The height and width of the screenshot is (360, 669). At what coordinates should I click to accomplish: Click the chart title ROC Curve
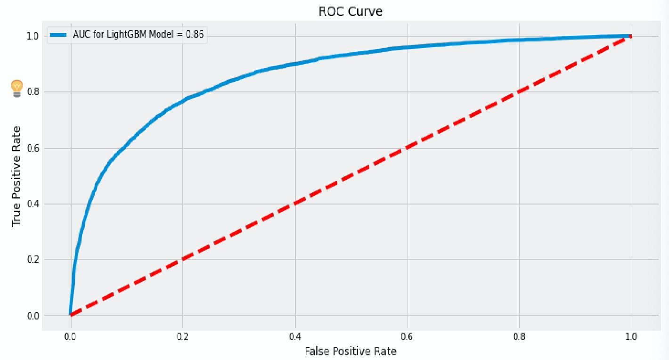[x=351, y=11]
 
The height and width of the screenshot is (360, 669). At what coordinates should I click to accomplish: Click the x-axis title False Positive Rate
[x=351, y=351]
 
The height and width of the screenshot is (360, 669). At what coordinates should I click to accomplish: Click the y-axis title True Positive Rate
[x=16, y=176]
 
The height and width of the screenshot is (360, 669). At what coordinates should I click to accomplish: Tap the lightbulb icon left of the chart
[x=17, y=88]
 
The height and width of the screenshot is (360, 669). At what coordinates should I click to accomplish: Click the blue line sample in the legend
[x=59, y=35]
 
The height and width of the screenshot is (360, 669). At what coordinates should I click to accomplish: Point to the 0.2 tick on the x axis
[x=183, y=336]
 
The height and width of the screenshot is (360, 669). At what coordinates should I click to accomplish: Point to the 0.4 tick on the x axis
[x=295, y=336]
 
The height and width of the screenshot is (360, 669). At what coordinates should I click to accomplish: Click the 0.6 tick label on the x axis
[x=407, y=336]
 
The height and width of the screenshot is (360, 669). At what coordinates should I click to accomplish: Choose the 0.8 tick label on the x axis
[x=519, y=336]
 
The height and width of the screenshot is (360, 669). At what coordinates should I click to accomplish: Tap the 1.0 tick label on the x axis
[x=631, y=336]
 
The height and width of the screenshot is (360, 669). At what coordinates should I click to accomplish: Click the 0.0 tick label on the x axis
[x=71, y=336]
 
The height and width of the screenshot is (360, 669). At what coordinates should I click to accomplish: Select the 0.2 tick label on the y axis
[x=33, y=260]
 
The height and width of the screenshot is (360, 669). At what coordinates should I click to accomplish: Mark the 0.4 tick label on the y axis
[x=33, y=204]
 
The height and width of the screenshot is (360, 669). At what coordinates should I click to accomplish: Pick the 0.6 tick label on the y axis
[x=33, y=148]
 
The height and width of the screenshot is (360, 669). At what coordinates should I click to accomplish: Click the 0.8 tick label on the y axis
[x=33, y=92]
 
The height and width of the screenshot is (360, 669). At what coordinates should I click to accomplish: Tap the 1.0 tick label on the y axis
[x=33, y=36]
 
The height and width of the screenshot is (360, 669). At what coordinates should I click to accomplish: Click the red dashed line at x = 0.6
[x=407, y=147]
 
